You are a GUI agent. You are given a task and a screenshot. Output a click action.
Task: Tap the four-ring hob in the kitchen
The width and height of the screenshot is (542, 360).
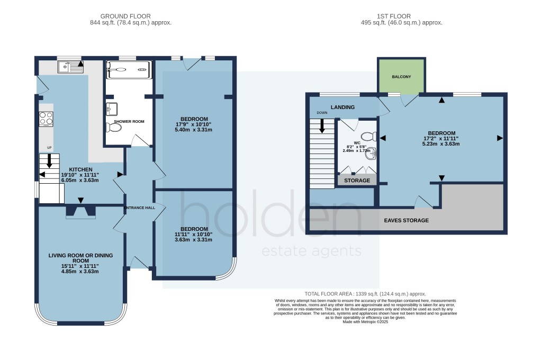point(46,119)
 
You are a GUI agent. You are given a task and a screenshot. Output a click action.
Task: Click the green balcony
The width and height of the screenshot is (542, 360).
point(401,76)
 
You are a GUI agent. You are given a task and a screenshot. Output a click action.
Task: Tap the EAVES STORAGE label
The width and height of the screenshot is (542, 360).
point(406,220)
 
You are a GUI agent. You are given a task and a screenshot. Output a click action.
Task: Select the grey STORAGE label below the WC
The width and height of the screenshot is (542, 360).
point(357,180)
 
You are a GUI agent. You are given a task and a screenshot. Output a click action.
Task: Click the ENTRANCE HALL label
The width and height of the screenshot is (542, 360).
point(140,208)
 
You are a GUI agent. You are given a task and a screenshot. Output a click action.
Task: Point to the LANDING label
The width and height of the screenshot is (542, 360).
point(342,107)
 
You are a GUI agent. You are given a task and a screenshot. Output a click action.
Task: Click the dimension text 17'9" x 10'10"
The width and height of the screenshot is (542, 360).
point(194,125)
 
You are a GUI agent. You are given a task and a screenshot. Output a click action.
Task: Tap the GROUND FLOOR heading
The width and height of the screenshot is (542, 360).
point(130,16)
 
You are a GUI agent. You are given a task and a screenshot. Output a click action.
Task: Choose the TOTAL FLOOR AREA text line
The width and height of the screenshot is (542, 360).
point(365,294)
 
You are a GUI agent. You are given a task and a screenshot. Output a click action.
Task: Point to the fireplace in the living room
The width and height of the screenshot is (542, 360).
point(80,211)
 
